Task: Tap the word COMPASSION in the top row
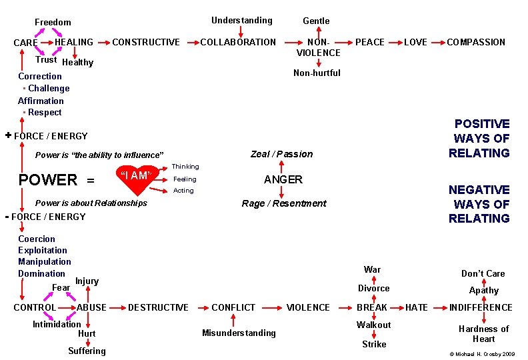(x=475, y=42)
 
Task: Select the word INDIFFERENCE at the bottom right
(x=481, y=307)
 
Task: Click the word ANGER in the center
(x=283, y=179)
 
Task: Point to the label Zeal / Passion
(x=281, y=154)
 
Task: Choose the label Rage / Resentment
(x=283, y=203)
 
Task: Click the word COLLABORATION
(x=238, y=42)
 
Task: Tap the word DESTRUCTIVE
(x=158, y=307)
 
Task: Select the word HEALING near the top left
(x=73, y=42)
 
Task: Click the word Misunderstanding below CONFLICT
(x=239, y=333)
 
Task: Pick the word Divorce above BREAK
(x=373, y=288)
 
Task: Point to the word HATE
(x=417, y=307)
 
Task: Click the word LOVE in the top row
(x=415, y=42)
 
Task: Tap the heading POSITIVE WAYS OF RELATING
(x=481, y=138)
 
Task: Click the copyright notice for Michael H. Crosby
(x=482, y=353)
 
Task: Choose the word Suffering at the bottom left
(x=87, y=351)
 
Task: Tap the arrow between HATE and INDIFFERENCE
(x=438, y=307)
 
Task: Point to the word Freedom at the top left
(x=53, y=22)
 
